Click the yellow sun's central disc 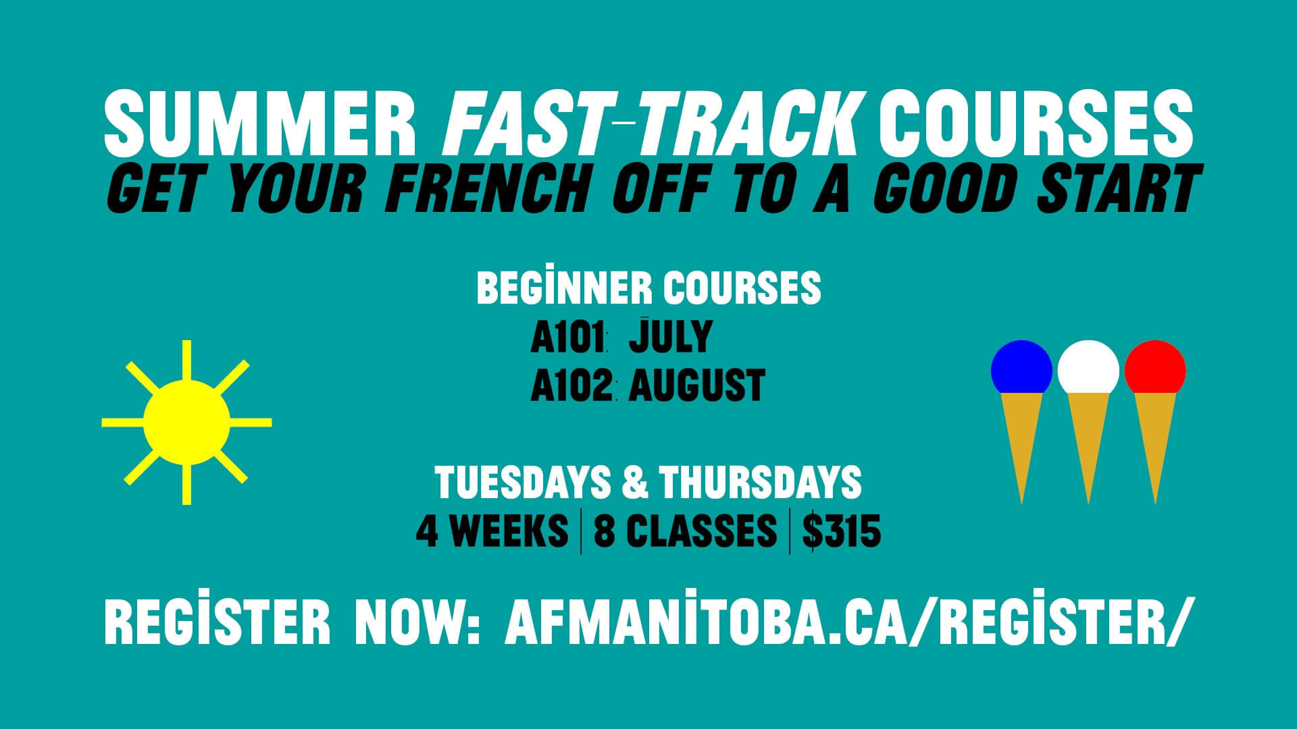click(x=186, y=423)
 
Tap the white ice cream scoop click(x=1088, y=369)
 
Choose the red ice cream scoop click(x=1154, y=369)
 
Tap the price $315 click(x=842, y=532)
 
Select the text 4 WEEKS click(x=492, y=532)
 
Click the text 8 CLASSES click(x=685, y=532)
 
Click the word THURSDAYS click(x=760, y=482)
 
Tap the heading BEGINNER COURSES click(x=648, y=288)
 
